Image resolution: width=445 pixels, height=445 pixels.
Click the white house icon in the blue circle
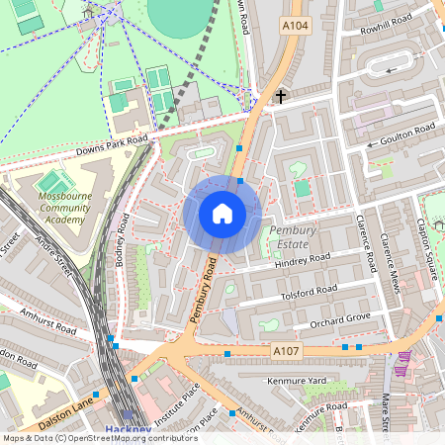tap(222, 214)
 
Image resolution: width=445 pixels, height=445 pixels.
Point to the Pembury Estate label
tap(293, 236)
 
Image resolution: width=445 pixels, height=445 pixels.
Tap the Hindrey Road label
tap(303, 260)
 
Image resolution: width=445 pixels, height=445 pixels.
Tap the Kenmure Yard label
tap(297, 380)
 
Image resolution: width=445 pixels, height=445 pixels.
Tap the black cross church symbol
tap(282, 97)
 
